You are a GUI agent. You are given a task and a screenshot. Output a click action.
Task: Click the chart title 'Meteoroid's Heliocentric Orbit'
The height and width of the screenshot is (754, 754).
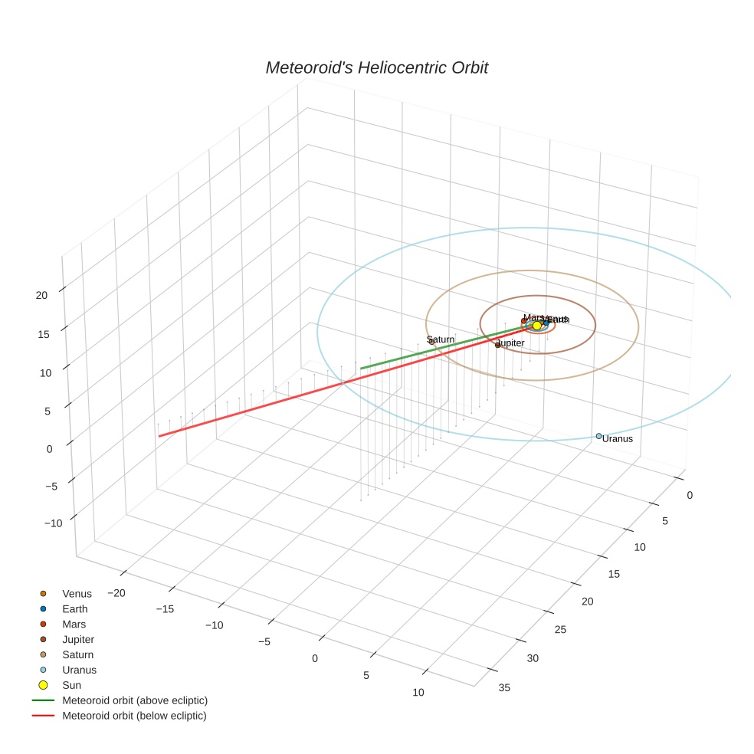point(376,67)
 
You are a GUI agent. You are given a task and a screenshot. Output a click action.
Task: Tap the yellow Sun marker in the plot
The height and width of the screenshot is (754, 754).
point(537,326)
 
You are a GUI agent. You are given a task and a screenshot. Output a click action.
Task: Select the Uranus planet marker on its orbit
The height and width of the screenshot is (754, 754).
point(599,436)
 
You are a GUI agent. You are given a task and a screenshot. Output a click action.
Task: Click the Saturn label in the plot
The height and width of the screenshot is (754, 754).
point(441,339)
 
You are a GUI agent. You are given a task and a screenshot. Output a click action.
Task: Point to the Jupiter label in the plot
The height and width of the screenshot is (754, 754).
point(511,343)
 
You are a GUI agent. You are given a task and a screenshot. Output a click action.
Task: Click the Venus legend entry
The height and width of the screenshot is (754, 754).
point(77,594)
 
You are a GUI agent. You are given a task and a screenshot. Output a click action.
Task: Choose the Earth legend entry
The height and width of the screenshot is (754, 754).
point(75,609)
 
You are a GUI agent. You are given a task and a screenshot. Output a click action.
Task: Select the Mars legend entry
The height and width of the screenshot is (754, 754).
point(74,625)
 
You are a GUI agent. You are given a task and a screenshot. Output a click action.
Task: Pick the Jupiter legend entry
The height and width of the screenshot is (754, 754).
point(78,639)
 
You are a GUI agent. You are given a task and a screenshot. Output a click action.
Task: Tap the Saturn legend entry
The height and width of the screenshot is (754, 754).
point(77,654)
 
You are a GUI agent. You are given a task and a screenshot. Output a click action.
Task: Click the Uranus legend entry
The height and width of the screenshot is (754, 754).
point(79,670)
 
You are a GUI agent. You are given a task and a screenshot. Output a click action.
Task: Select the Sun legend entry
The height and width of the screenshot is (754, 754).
point(71,685)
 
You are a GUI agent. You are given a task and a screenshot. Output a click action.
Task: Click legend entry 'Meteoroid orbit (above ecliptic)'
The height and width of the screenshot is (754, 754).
point(135,700)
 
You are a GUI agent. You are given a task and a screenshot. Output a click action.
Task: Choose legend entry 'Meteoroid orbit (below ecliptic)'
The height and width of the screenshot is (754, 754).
point(134,716)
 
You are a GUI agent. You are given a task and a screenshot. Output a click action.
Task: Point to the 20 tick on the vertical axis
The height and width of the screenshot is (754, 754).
point(41,295)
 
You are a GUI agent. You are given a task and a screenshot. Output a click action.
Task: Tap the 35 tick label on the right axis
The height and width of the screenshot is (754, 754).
point(504,687)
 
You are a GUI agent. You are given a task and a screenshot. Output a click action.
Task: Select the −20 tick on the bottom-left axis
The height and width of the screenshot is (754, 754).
point(116,592)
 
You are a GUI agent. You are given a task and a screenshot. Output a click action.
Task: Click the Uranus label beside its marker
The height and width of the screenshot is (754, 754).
point(618,439)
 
